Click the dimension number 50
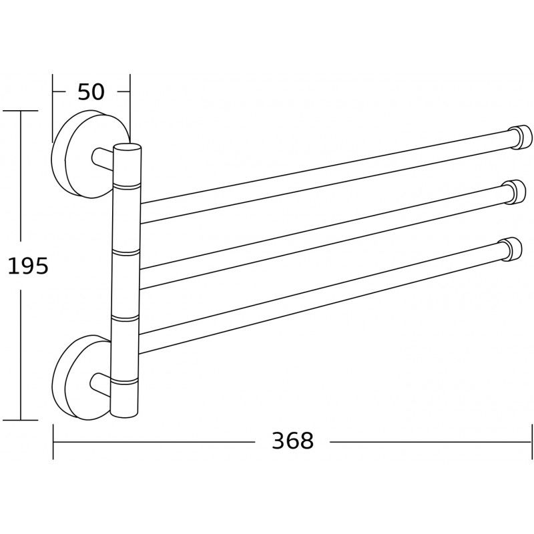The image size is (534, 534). tap(91, 92)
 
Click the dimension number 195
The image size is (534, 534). tap(28, 266)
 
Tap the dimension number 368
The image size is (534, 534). tap(292, 441)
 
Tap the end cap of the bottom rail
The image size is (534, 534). tap(513, 249)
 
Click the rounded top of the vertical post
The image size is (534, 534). tap(127, 148)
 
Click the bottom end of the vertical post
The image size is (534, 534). tap(125, 414)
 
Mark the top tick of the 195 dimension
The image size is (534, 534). tap(20, 110)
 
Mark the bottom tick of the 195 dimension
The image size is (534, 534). tap(20, 420)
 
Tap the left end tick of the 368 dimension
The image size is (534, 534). tap(53, 441)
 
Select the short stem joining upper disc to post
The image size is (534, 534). tap(101, 159)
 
